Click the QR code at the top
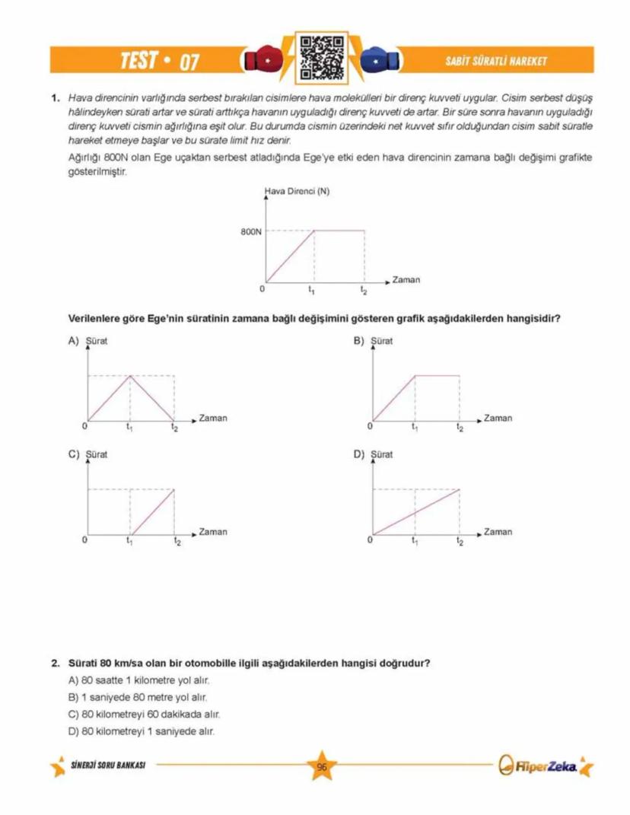pos(315,58)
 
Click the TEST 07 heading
pos(159,61)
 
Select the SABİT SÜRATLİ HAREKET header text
pos(495,61)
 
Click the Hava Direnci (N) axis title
pos(296,192)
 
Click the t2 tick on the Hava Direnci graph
pos(364,290)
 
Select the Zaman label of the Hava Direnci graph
pos(406,280)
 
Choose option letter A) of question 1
pos(74,341)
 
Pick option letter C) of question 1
pos(74,454)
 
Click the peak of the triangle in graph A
pos(131,376)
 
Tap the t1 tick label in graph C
pos(129,541)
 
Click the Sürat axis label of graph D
pos(381,454)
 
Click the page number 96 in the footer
pos(322,767)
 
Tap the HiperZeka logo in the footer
pos(541,766)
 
